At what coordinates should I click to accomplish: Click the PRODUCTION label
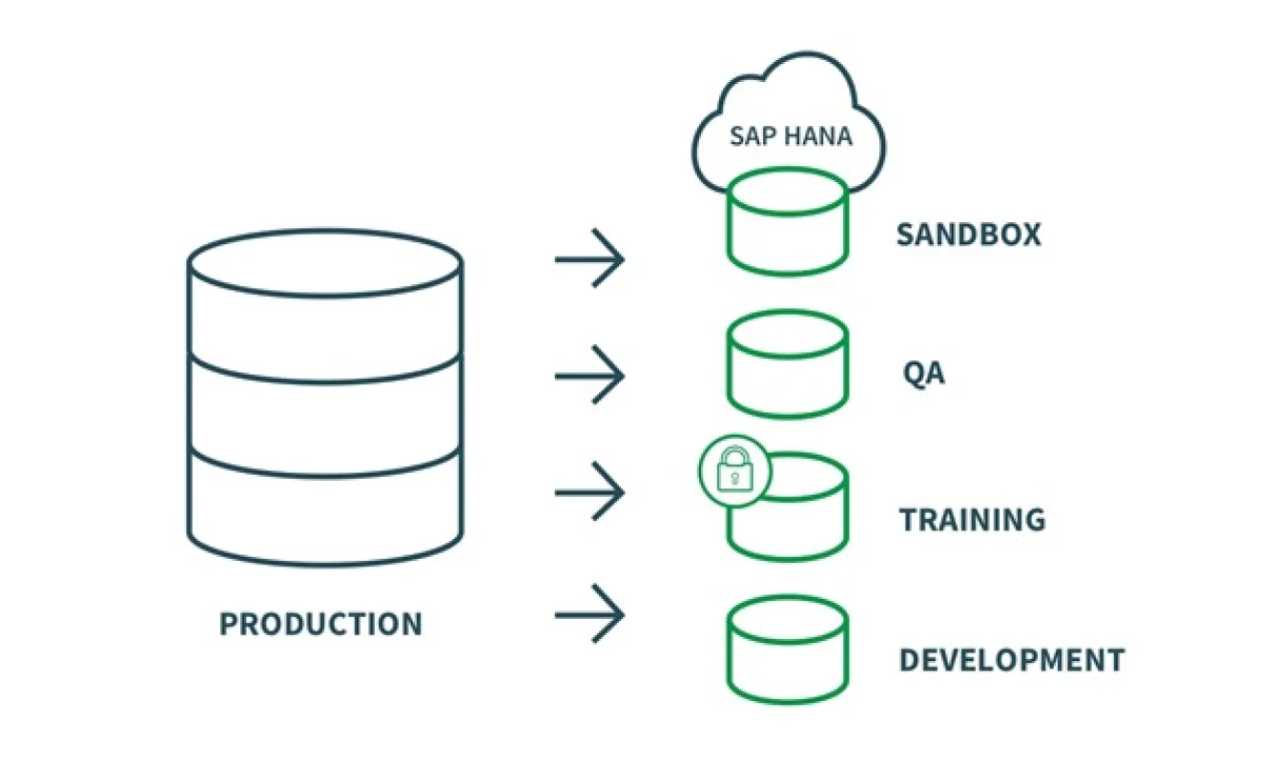[x=320, y=624]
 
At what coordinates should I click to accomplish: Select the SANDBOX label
[x=968, y=235]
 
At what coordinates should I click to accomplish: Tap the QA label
[x=923, y=373]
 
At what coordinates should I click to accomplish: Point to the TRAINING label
[x=972, y=520]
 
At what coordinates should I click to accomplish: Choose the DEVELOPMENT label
[x=1011, y=660]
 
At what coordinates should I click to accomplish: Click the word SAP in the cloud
[x=750, y=135]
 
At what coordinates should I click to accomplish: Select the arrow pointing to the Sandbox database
[x=589, y=258]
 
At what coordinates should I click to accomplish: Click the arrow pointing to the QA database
[x=589, y=375]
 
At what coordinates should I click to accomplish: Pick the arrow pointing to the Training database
[x=589, y=492]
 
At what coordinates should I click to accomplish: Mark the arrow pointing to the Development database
[x=589, y=613]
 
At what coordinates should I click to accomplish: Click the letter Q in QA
[x=914, y=373]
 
